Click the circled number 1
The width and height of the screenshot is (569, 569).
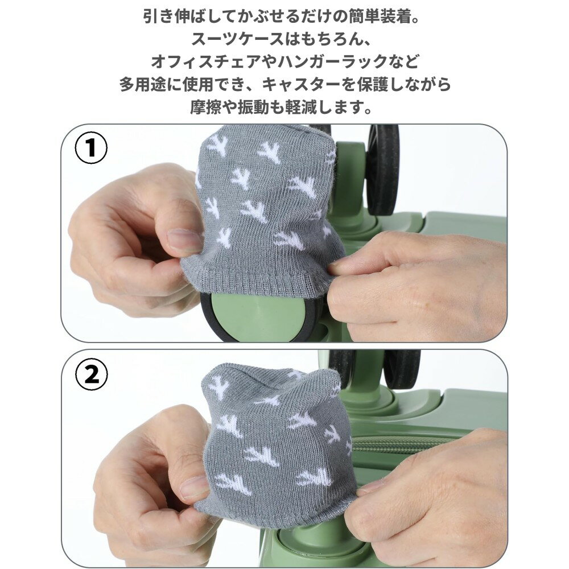pyautogui.click(x=91, y=148)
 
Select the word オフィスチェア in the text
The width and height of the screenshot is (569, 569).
pyautogui.click(x=206, y=61)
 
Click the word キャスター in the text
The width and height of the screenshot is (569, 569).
pyautogui.click(x=301, y=84)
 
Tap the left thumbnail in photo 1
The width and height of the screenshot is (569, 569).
pyautogui.click(x=184, y=240)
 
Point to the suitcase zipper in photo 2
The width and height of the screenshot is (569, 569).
pyautogui.click(x=403, y=445)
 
